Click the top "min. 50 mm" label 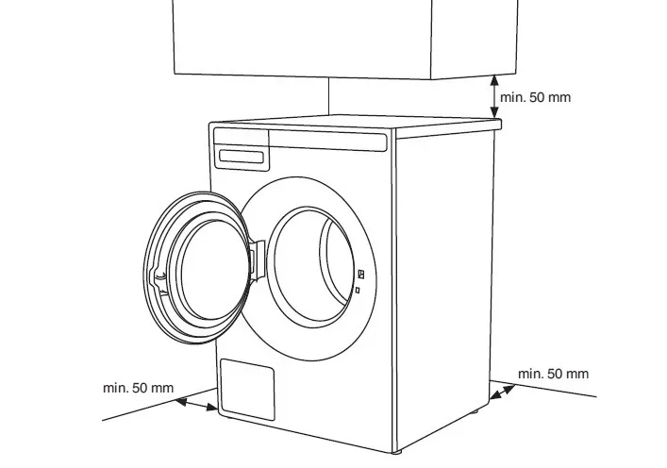click(x=535, y=97)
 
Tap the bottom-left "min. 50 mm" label click(x=138, y=388)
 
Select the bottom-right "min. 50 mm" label click(x=553, y=374)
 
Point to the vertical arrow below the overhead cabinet click(x=494, y=97)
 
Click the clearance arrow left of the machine click(x=197, y=404)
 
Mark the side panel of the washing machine click(x=443, y=283)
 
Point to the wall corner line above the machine click(x=328, y=94)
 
